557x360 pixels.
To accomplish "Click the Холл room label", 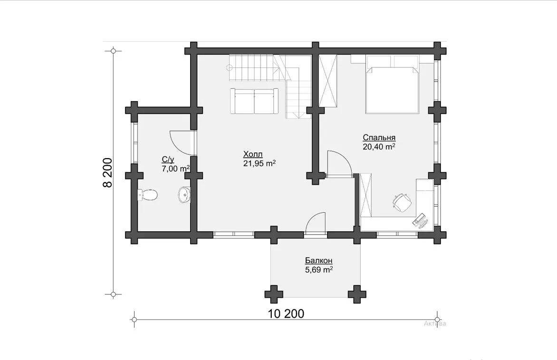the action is click(x=253, y=154).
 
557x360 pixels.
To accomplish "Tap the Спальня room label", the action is click(x=379, y=138).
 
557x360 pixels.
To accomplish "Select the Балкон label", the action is click(x=318, y=261).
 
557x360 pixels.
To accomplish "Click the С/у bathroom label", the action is click(x=168, y=160).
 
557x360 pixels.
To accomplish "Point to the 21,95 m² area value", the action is click(x=259, y=163).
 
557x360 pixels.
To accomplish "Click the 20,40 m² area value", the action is click(x=379, y=147).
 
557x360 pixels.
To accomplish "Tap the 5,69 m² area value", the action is click(x=318, y=270).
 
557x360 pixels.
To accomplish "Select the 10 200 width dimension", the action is click(x=286, y=314).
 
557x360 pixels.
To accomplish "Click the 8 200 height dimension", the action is click(x=107, y=172).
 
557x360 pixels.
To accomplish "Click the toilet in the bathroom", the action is click(x=147, y=195).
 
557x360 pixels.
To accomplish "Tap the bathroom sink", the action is click(x=184, y=195).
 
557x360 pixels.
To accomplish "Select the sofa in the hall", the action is click(x=254, y=101).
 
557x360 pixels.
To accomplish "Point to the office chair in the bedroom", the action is click(x=402, y=202).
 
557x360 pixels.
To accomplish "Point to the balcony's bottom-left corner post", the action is click(x=274, y=294).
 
